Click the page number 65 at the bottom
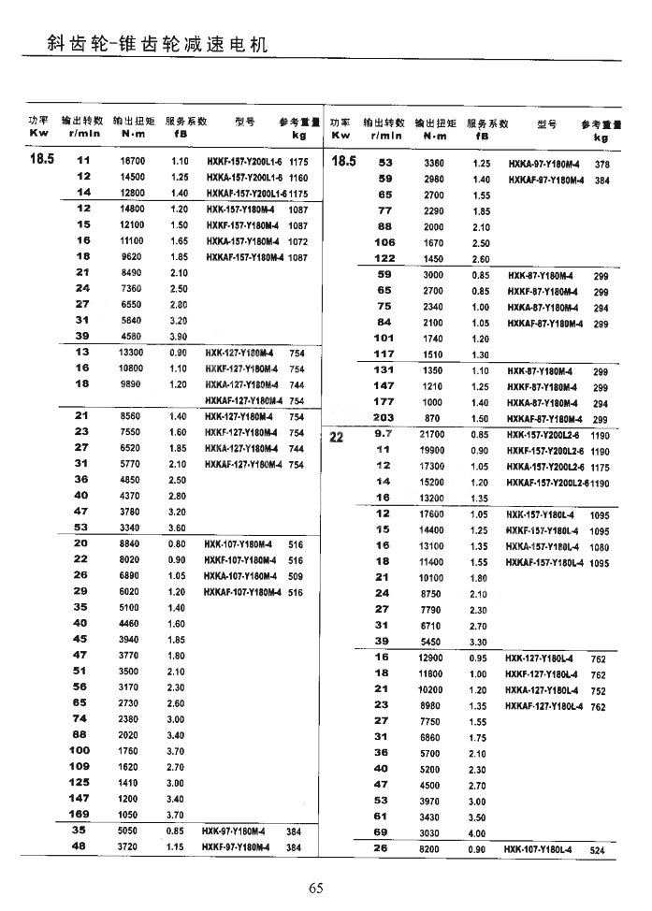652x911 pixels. pyautogui.click(x=316, y=888)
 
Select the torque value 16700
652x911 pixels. pyautogui.click(x=132, y=161)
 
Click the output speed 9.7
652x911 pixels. pyautogui.click(x=384, y=434)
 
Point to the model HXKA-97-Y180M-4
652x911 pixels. pyautogui.click(x=545, y=164)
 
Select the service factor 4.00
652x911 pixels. pyautogui.click(x=478, y=832)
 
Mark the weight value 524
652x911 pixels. pyautogui.click(x=599, y=850)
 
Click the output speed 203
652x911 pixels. pyautogui.click(x=384, y=418)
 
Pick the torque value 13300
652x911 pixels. pyautogui.click(x=132, y=353)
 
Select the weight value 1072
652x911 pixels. pyautogui.click(x=298, y=240)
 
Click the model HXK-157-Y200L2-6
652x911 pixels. pyautogui.click(x=545, y=435)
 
